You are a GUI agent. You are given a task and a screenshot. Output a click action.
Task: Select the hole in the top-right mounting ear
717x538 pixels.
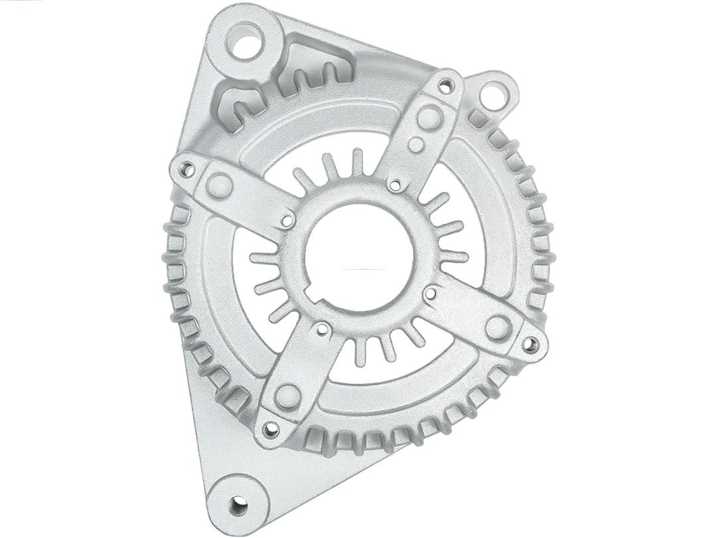[x=493, y=95]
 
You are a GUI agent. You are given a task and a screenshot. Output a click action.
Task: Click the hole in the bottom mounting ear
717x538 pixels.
[x=238, y=505]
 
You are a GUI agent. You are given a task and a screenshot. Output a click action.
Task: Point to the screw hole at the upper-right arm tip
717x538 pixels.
[x=445, y=86]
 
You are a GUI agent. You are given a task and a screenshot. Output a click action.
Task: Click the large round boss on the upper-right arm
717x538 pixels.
[x=429, y=118]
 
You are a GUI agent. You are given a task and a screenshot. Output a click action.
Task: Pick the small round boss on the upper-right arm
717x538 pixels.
[x=416, y=145]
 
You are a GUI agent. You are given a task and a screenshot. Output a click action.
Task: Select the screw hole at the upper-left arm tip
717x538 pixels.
[x=187, y=169]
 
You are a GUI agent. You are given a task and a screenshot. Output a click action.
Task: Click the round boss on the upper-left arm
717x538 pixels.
[x=218, y=186]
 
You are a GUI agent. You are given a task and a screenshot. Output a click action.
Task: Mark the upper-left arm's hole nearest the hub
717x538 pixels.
[x=287, y=220]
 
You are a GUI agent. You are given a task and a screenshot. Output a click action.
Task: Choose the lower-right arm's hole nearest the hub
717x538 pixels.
[x=430, y=293]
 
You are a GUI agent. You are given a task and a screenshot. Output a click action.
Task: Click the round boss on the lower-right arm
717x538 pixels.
[x=497, y=327]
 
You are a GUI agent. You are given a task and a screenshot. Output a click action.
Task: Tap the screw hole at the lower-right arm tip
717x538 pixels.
[x=530, y=344]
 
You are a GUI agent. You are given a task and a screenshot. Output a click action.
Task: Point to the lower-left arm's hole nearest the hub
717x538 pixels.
[x=322, y=329]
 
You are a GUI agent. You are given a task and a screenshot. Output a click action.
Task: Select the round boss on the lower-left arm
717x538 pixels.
[x=287, y=396]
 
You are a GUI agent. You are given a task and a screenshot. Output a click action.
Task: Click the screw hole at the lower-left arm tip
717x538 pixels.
[x=270, y=428]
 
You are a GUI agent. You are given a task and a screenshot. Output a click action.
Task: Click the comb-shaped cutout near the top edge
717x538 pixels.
[x=312, y=70]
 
